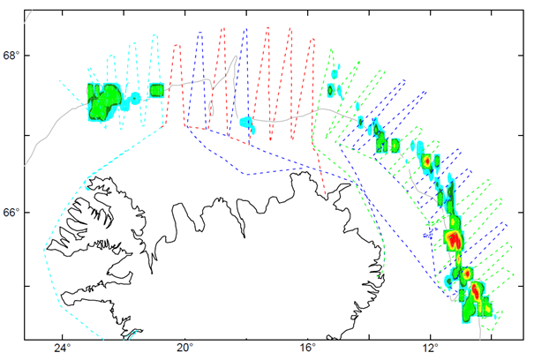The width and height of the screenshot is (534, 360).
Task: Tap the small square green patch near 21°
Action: pos(157,89)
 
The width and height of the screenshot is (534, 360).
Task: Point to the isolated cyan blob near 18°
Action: pos(248,123)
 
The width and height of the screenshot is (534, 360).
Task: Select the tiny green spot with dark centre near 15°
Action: pos(331,89)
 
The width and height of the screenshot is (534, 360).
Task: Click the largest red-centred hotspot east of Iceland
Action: pos(454,239)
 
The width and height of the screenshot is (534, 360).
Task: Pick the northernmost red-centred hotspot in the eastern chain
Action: pos(426,161)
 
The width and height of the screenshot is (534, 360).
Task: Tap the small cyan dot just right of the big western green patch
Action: pos(135,96)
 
